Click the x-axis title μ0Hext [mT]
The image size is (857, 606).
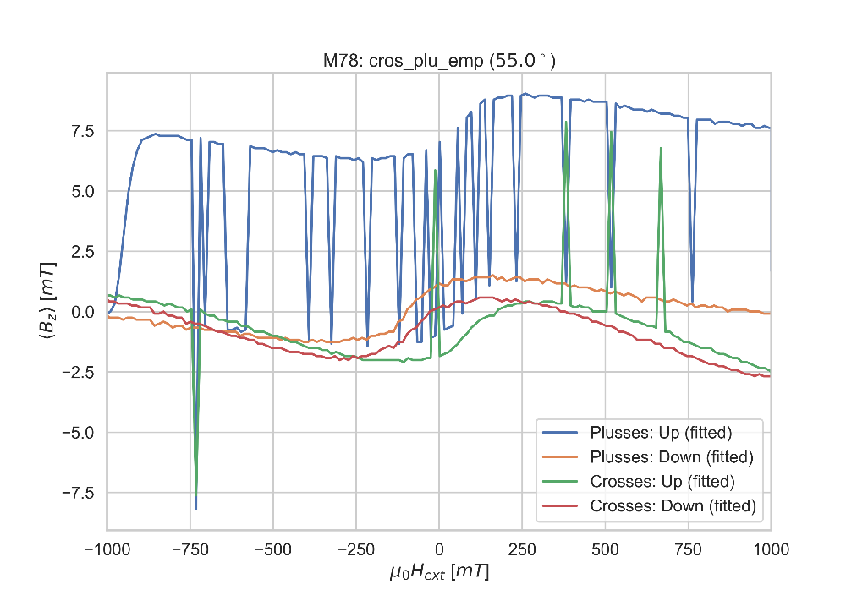pos(438,573)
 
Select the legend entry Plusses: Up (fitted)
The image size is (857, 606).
pos(660,433)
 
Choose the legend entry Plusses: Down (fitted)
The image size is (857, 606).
pos(670,457)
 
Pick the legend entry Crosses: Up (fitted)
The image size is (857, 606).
pos(662,482)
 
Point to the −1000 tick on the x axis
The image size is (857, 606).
pos(107,549)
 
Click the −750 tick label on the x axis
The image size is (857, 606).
pos(190,549)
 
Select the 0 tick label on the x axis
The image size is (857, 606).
pos(439,549)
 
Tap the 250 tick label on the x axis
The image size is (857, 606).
pos(522,549)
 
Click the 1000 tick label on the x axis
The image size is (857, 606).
pos(771,549)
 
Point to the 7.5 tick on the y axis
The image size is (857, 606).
pos(83,131)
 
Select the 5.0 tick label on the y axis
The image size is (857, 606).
pos(83,191)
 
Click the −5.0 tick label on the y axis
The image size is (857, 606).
pos(80,433)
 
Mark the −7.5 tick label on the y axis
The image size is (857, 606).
pos(80,493)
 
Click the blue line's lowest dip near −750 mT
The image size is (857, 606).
pos(196,510)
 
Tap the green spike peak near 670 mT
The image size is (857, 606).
pos(661,148)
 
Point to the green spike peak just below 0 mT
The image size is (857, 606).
pos(435,171)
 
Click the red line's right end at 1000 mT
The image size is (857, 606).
pos(770,376)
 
